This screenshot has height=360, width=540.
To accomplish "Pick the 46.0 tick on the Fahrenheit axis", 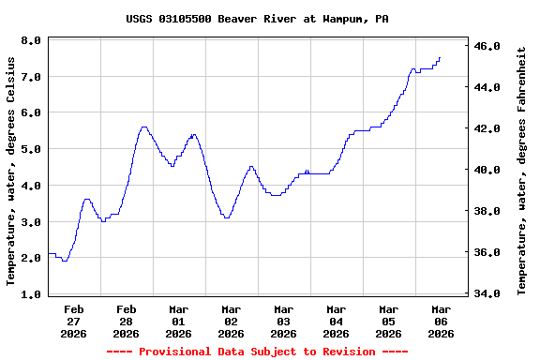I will (x=488, y=46).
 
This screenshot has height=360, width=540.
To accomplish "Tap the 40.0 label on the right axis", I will (x=488, y=171).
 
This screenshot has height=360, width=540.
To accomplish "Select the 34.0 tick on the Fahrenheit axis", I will (x=488, y=294).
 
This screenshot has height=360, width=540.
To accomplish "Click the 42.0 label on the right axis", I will (x=488, y=128).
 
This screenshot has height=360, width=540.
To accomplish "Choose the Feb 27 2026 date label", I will (x=74, y=321).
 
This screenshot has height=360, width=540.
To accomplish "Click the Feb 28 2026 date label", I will (x=127, y=321).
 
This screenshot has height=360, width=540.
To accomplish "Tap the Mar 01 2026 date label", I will (x=179, y=321).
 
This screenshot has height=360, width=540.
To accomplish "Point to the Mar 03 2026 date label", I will (x=284, y=321).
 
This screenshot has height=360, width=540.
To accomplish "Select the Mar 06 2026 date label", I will (x=441, y=321).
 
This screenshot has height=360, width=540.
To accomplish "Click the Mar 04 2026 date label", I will (x=337, y=321).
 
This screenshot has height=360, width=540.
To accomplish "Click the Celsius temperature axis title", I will (x=11, y=171).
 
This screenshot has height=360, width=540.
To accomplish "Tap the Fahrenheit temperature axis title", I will (x=522, y=171).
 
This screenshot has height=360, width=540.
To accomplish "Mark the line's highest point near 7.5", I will (x=439, y=58).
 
